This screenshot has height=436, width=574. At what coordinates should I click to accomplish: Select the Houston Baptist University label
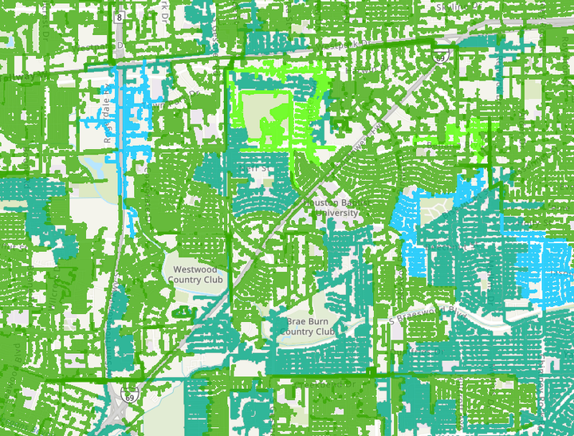coord(336,208)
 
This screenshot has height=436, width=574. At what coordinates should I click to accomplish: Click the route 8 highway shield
coord(119,16)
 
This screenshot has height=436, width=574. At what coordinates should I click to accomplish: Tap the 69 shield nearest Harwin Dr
coord(440,56)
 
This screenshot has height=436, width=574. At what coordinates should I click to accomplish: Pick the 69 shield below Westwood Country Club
coord(128,395)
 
